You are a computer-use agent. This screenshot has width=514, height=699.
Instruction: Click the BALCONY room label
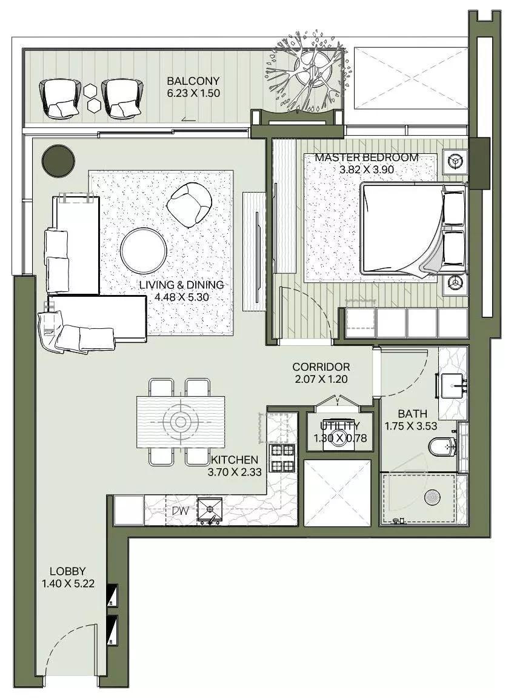(x=193, y=81)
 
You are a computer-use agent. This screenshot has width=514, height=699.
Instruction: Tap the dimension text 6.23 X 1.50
(x=193, y=93)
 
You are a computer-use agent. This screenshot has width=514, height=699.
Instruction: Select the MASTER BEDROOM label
(x=366, y=157)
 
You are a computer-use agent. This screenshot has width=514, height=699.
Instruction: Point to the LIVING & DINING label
(x=181, y=285)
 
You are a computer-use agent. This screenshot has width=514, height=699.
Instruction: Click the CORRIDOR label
(x=321, y=367)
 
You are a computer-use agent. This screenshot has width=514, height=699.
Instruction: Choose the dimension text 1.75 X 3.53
(x=410, y=426)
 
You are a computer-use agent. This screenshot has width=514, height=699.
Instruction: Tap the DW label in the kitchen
(x=180, y=511)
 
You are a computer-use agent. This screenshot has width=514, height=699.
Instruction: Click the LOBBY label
(x=67, y=571)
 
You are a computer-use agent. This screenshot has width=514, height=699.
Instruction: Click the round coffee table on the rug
(x=144, y=251)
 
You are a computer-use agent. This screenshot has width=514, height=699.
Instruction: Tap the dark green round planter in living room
(x=58, y=161)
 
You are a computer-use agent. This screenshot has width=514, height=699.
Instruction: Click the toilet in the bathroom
(x=441, y=447)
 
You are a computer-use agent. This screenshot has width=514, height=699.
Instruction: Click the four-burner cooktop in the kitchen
(x=281, y=458)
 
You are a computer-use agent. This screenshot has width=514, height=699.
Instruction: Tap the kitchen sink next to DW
(x=210, y=511)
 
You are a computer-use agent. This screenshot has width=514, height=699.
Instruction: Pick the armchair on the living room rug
(x=189, y=204)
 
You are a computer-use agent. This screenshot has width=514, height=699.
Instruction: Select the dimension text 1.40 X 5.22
(x=67, y=584)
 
